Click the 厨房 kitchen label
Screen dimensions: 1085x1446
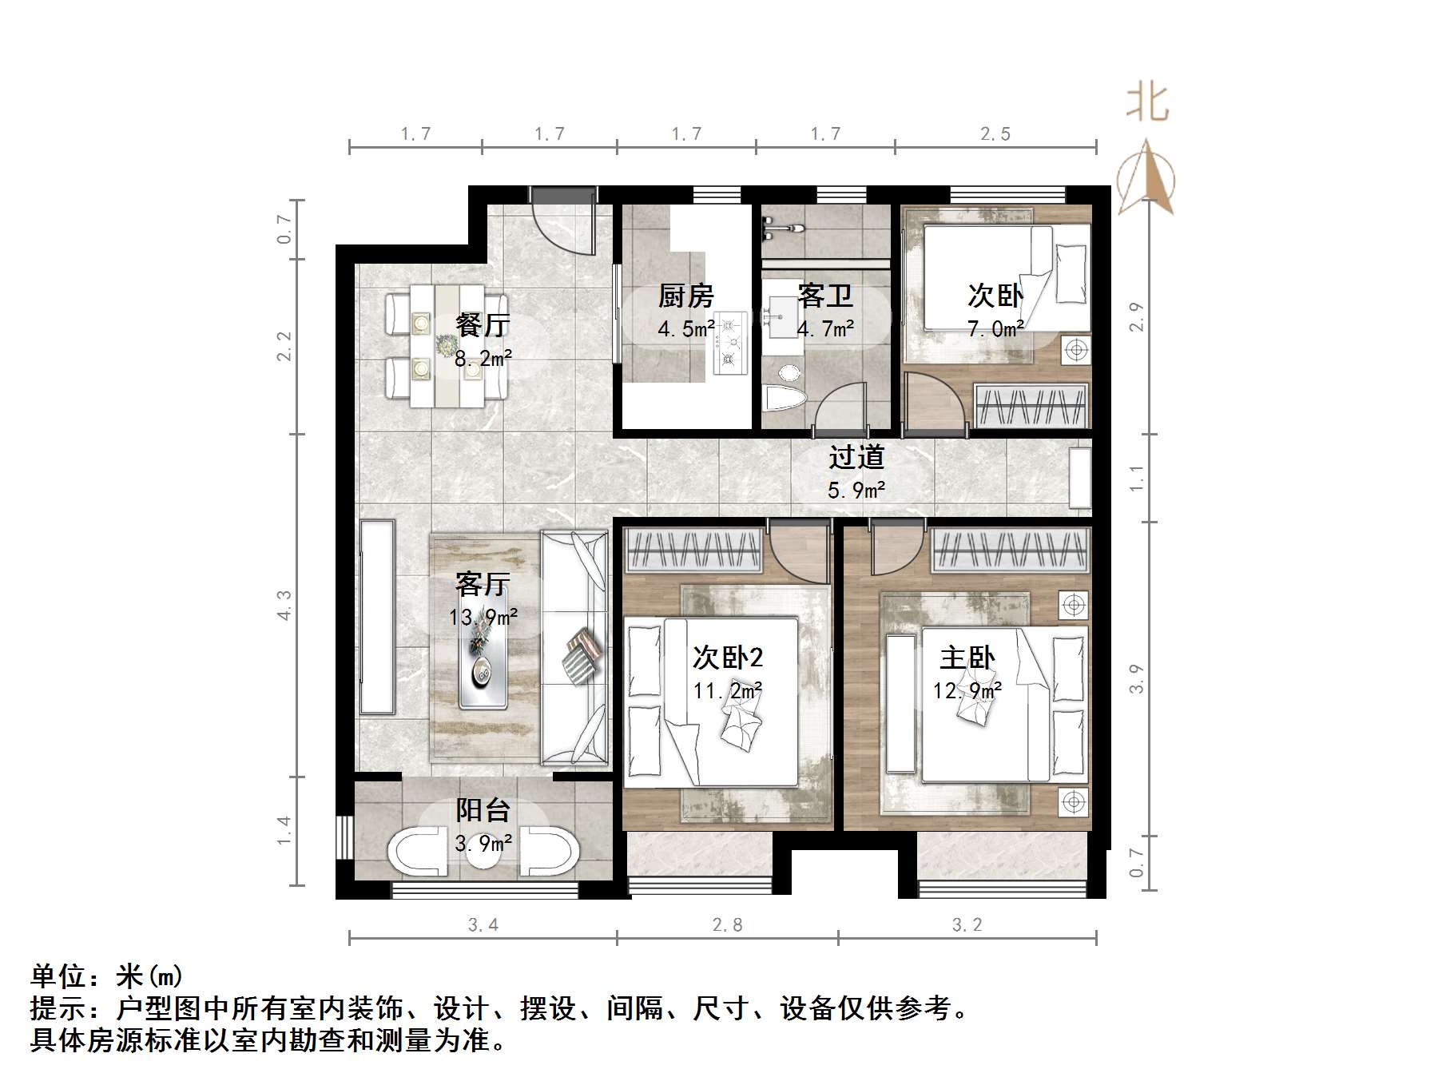click(685, 296)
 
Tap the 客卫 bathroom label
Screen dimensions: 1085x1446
click(825, 296)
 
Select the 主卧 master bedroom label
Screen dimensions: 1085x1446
click(967, 658)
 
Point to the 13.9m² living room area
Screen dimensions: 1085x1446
click(483, 617)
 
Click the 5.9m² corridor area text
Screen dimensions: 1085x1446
click(856, 490)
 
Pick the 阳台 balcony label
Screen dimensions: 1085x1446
click(483, 811)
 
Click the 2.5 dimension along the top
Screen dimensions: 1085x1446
click(995, 134)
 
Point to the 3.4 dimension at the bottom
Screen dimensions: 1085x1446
click(483, 925)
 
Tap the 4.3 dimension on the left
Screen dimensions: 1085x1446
click(284, 605)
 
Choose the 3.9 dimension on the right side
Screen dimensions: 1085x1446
click(1137, 679)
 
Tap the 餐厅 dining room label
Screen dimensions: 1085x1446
click(483, 326)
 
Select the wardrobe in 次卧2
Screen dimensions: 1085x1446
click(693, 551)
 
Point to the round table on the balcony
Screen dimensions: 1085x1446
click(483, 852)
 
